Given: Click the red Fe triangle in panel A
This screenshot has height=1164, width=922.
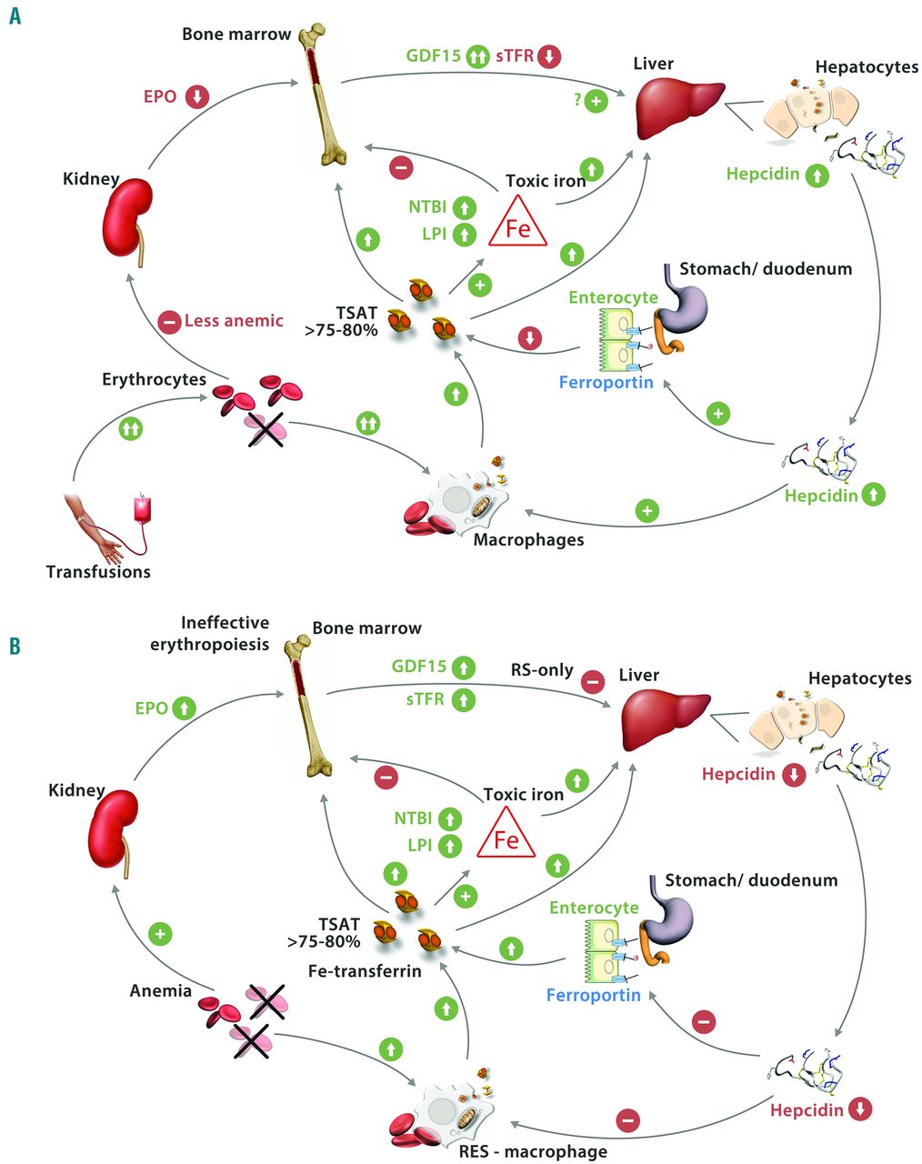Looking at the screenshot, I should [517, 224].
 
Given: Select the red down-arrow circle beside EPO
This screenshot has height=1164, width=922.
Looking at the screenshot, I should [198, 96].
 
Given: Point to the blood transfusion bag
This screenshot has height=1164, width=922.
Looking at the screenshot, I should [142, 516].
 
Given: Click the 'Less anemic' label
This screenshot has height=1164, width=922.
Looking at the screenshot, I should [234, 321].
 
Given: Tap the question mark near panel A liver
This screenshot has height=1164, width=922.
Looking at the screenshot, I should [577, 100].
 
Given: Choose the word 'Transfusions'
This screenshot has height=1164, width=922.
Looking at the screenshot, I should [98, 572].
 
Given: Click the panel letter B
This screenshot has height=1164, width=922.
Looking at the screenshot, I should [15, 647].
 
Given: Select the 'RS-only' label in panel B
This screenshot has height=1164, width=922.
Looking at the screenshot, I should [542, 670].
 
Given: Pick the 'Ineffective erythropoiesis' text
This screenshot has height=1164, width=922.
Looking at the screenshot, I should [225, 633].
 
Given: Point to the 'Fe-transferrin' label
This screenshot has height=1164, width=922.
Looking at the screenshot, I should [365, 971].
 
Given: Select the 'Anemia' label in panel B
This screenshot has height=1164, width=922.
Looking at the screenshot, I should [160, 990].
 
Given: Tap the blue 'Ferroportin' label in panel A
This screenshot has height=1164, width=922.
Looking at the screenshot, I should [606, 383].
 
